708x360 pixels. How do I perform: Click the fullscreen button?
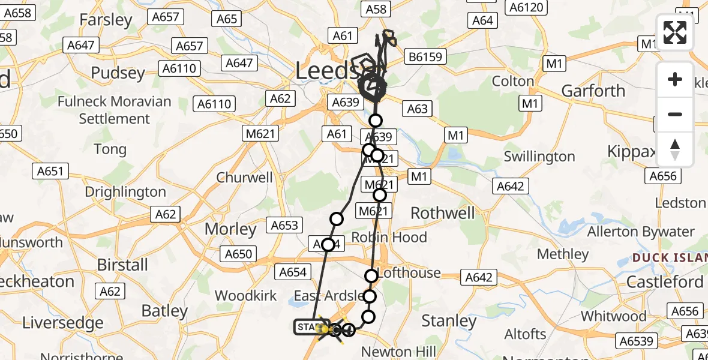pyautogui.click(x=675, y=32)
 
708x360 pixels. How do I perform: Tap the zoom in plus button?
pyautogui.click(x=675, y=79)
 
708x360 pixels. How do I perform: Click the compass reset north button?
pyautogui.click(x=675, y=149)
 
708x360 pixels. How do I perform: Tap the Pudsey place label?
pyautogui.click(x=118, y=73)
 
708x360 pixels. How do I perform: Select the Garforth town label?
pyautogui.click(x=593, y=91)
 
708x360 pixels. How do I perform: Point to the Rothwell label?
pyautogui.click(x=442, y=213)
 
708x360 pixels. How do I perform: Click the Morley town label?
pyautogui.click(x=230, y=229)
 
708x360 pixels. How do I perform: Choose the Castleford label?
pyautogui.click(x=664, y=282)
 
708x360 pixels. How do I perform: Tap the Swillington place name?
pyautogui.click(x=539, y=157)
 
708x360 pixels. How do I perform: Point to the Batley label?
pyautogui.click(x=164, y=311)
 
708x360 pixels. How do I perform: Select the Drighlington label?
pyautogui.click(x=125, y=192)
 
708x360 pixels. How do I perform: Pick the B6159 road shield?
pyautogui.click(x=425, y=57)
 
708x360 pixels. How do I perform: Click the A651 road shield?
pyautogui.click(x=50, y=172)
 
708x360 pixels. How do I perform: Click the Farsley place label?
pyautogui.click(x=106, y=20)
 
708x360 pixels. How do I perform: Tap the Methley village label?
pyautogui.click(x=563, y=254)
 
